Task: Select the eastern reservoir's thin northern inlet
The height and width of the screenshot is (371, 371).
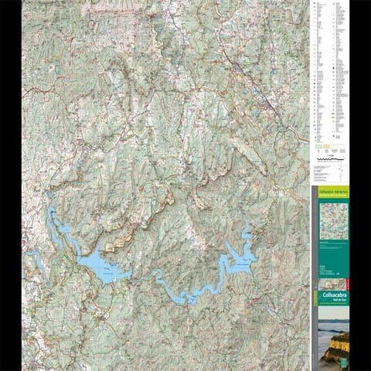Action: pyautogui.click(x=247, y=233)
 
